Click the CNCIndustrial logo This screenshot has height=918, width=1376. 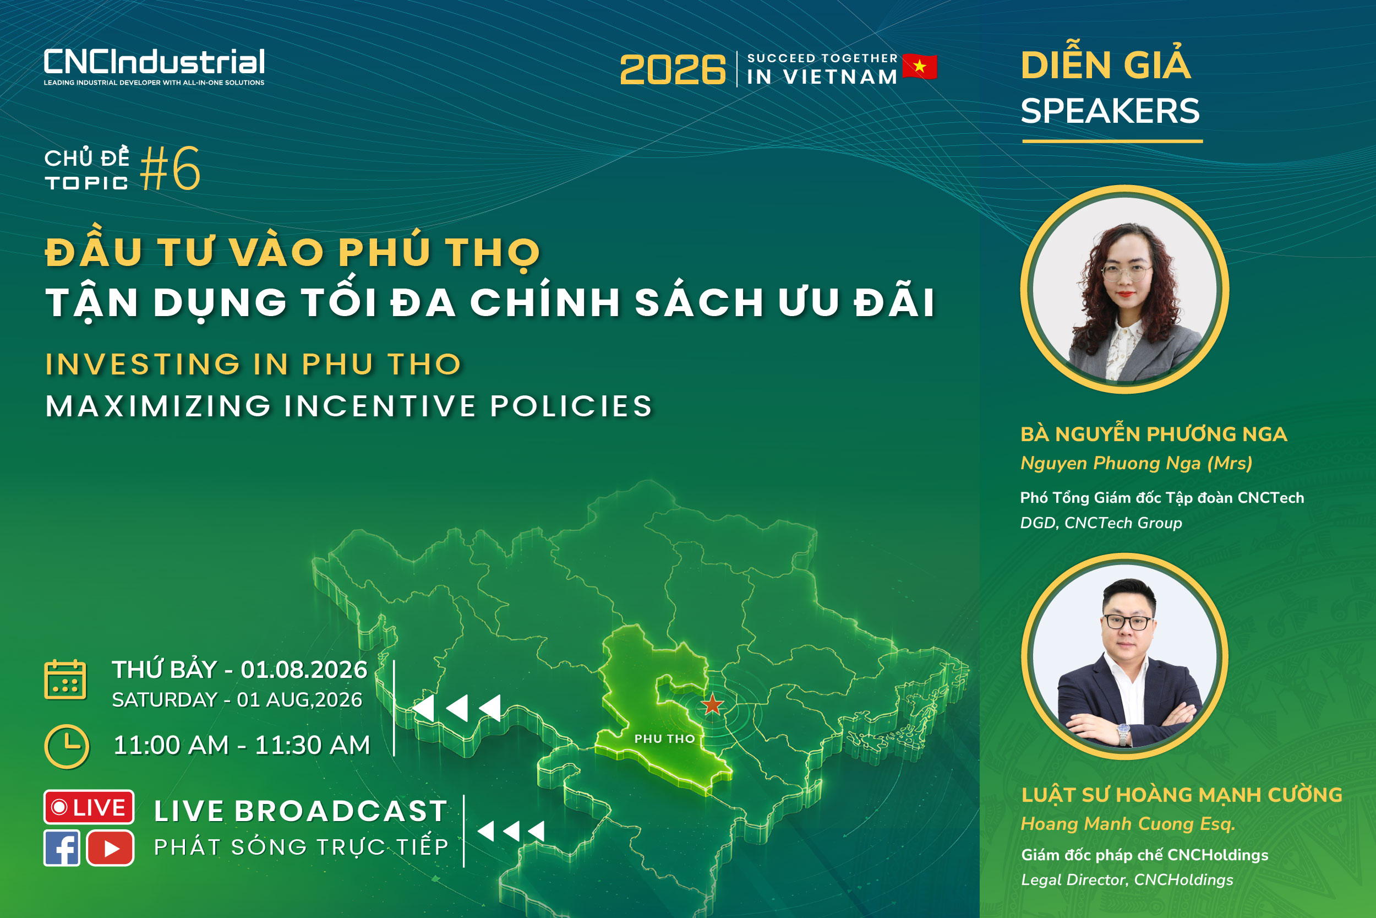click(x=154, y=67)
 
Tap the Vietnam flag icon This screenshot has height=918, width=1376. click(x=920, y=66)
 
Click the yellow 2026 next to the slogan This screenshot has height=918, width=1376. click(x=673, y=70)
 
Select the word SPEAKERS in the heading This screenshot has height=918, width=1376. click(x=1110, y=111)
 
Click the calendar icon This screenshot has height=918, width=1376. click(x=65, y=680)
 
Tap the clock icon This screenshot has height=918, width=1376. click(x=67, y=747)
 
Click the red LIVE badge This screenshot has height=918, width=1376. click(x=89, y=807)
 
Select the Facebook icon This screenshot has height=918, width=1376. click(x=62, y=848)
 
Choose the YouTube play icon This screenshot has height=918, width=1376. click(x=111, y=848)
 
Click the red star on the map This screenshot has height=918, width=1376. click(x=712, y=704)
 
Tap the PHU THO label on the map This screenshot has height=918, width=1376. click(x=664, y=739)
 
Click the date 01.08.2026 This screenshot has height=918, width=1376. click(x=304, y=670)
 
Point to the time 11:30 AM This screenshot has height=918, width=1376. click(x=313, y=745)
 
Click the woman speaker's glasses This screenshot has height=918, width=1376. click(x=1127, y=272)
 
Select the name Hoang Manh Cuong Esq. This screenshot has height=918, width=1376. click(x=1128, y=824)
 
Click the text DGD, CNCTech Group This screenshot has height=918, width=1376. click(x=1101, y=523)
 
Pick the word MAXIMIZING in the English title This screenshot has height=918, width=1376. click(x=158, y=406)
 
